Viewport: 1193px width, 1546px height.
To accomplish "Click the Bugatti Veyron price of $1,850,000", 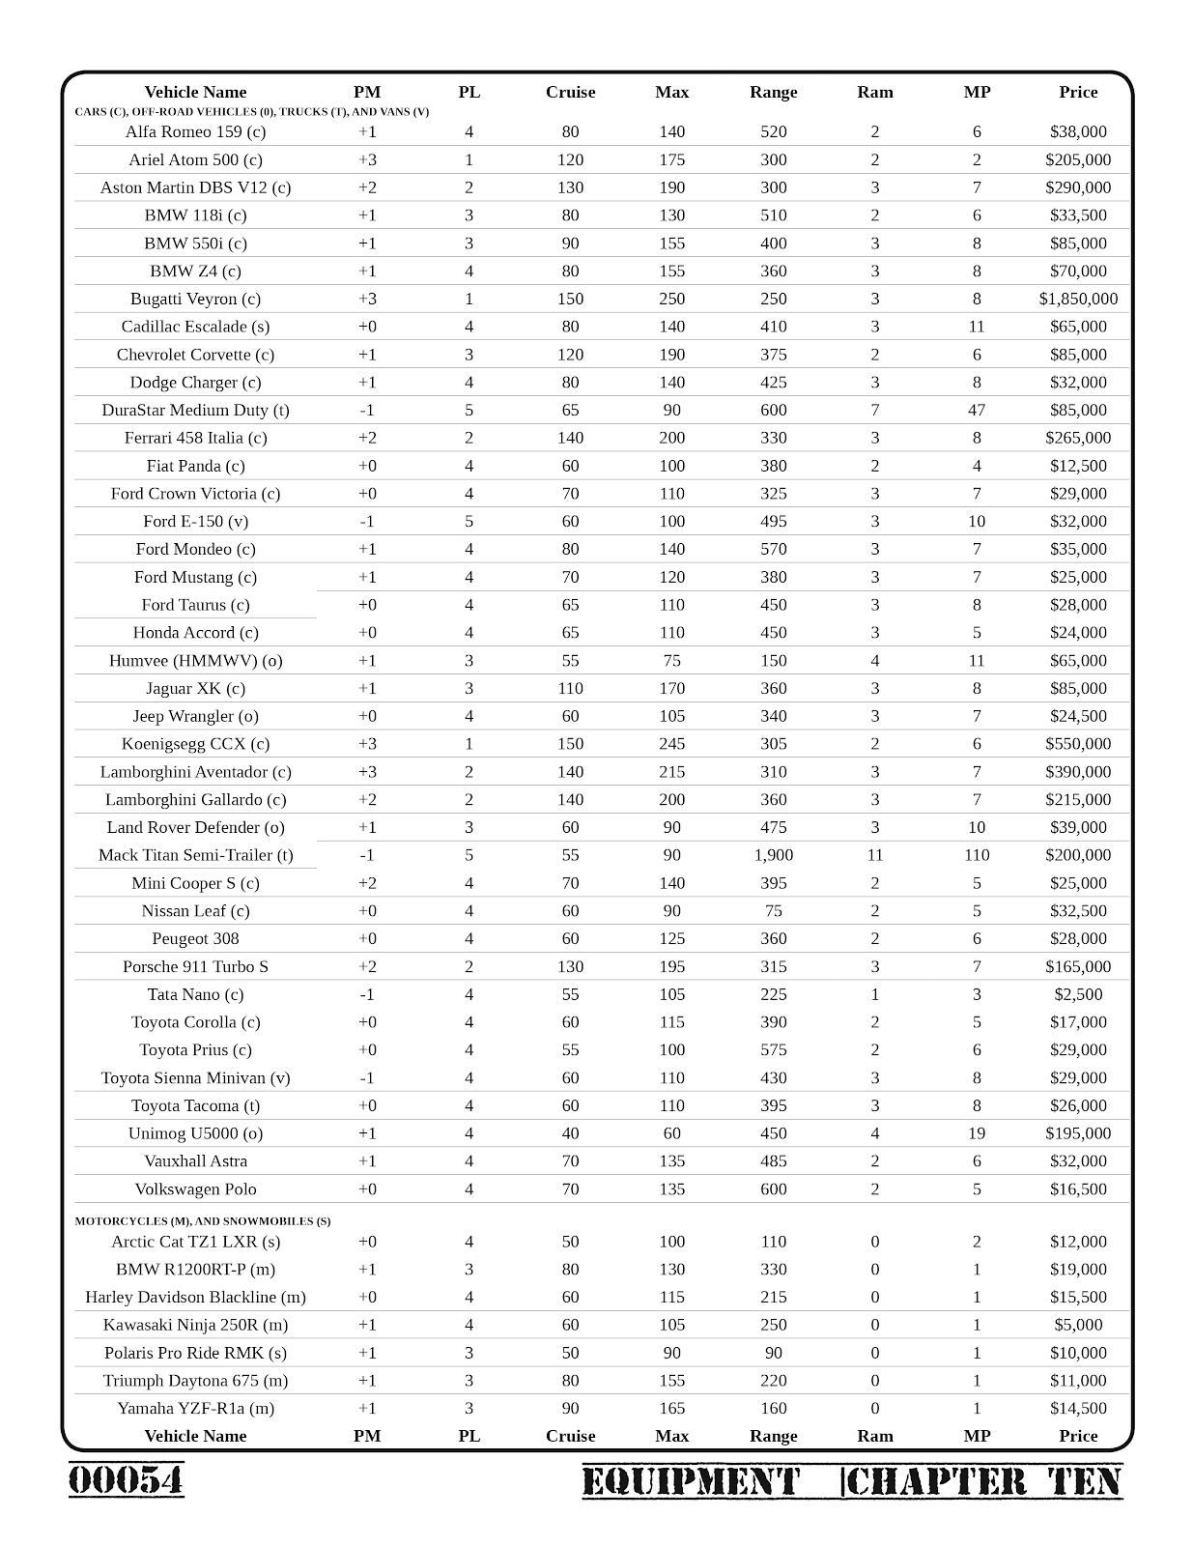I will tap(1078, 299).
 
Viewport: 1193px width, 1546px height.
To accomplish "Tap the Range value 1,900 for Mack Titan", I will tap(773, 855).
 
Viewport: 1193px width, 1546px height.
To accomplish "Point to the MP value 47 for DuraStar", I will tap(977, 410).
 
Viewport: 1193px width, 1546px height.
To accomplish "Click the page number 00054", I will tap(126, 1479).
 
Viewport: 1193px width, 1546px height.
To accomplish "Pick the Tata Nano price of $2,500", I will tap(1078, 994).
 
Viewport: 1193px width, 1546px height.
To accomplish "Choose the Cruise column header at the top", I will tap(570, 92).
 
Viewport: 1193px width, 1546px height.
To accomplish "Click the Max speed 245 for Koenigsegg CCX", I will tap(671, 744).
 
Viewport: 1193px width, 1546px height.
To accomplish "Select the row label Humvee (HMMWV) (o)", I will tap(195, 661).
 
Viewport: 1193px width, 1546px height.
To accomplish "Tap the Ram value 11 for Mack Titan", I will tap(875, 855).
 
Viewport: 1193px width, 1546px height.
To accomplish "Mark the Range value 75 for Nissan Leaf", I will tap(773, 910).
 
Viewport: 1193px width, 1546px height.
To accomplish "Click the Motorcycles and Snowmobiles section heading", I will tap(203, 1220).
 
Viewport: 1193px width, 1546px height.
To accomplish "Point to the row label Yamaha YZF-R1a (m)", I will tap(195, 1408).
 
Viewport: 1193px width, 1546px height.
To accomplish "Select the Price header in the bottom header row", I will tap(1078, 1436).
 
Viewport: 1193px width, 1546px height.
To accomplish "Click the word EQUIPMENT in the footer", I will tap(691, 1481).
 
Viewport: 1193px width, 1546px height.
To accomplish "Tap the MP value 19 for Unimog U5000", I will tap(977, 1133).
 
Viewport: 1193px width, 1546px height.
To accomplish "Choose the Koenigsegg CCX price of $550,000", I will tap(1078, 744).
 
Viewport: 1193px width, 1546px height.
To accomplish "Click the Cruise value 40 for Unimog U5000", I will tap(570, 1133).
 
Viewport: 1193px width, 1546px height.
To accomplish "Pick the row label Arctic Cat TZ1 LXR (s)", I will tap(195, 1242).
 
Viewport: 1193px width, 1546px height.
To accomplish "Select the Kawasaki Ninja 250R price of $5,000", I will tap(1078, 1325).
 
